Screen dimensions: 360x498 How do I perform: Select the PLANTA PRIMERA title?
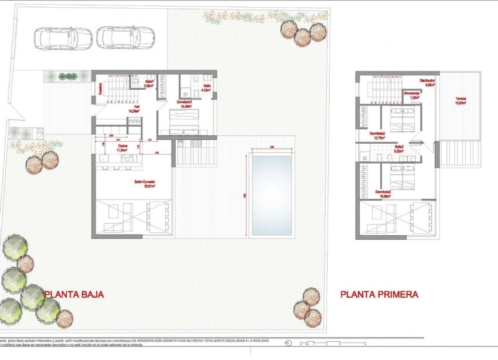pyautogui.click(x=379, y=295)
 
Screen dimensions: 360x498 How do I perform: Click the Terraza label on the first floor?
pyautogui.click(x=461, y=100)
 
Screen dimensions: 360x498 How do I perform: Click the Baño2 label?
pyautogui.click(x=400, y=149)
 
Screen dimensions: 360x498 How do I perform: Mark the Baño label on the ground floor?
pyautogui.click(x=207, y=87)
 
